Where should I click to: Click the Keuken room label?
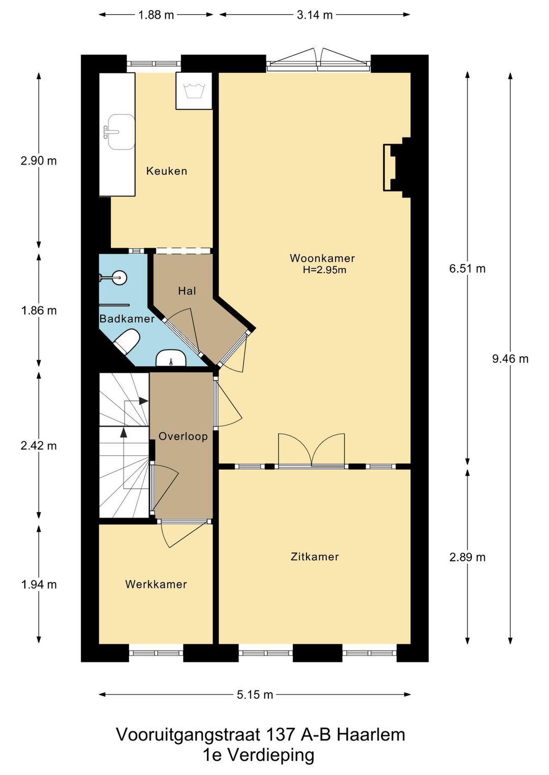coord(167,171)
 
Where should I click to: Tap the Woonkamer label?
coord(322,258)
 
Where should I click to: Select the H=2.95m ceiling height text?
coord(324,270)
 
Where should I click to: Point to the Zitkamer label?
coord(315,557)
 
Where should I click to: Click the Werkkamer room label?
coord(156,585)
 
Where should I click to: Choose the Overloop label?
coord(183,436)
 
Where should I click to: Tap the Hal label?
coord(187,291)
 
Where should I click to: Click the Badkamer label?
coord(127,318)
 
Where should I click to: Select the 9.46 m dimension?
coord(510,359)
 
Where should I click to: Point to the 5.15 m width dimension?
coord(255,694)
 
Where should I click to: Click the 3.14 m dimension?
coord(315,15)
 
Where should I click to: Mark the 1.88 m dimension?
coord(156,15)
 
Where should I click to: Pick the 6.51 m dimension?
coord(467,269)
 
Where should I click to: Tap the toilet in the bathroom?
coord(127,341)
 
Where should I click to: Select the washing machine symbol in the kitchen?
coord(194,91)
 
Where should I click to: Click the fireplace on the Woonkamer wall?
coord(396,168)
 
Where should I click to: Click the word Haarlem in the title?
coord(371,735)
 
